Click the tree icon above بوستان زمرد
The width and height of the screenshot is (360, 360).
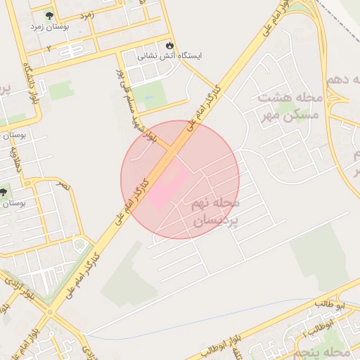(x=49, y=15)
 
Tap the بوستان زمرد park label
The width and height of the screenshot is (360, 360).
(x=49, y=27)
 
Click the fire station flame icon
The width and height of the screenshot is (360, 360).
(x=169, y=42)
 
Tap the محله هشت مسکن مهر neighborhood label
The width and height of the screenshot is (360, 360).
(x=288, y=105)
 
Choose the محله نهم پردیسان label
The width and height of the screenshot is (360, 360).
(x=215, y=212)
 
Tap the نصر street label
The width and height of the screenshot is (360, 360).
(x=63, y=185)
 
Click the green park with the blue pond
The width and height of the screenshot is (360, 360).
(x=149, y=94)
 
